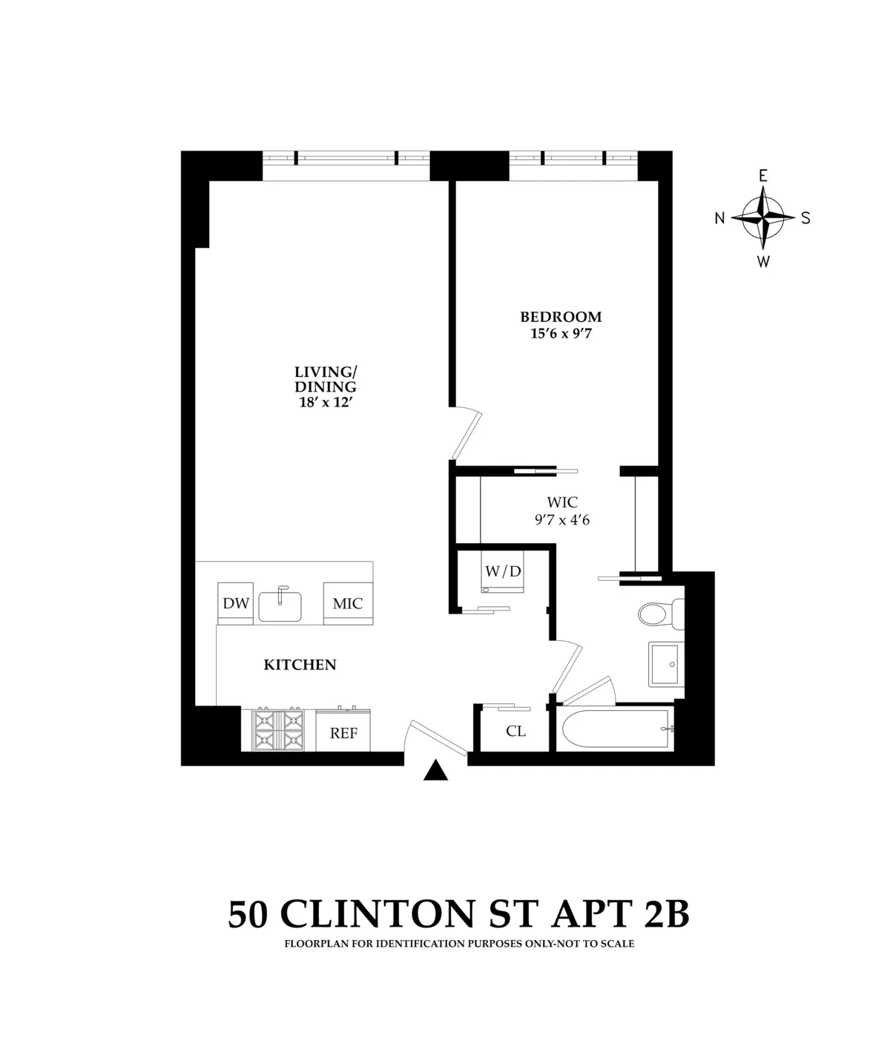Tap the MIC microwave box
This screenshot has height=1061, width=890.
coord(347,603)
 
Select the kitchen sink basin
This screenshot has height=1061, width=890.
coord(280,605)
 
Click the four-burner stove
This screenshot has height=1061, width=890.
coord(278,730)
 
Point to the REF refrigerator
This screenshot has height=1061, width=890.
coord(343,732)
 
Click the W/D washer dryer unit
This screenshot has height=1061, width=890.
coord(503,572)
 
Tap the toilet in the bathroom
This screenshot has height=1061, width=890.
coord(656,614)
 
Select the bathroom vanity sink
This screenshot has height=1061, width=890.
coord(665,664)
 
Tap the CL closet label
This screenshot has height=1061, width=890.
coord(515,732)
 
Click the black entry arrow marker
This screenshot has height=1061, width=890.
coord(436,772)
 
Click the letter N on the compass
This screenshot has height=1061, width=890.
coord(719,218)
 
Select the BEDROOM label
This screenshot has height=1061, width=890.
coord(561,318)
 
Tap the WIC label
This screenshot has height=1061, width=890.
coord(561,503)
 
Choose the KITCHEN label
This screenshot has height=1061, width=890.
coord(300,665)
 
